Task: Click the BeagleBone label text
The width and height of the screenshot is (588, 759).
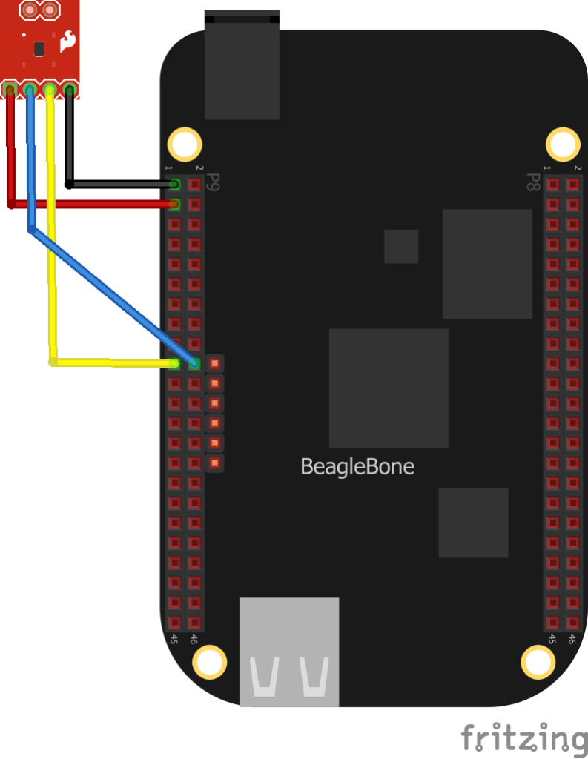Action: point(357,467)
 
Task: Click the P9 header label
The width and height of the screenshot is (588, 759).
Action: point(213,182)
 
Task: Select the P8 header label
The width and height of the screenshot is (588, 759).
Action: point(533,182)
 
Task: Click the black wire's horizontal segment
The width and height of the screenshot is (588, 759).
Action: point(122,184)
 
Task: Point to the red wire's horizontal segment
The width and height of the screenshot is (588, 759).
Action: point(92,205)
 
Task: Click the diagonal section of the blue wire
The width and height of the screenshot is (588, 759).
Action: point(113,296)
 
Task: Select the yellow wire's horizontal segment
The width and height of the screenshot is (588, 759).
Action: point(113,362)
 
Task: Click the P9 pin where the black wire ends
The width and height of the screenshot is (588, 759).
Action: point(174,185)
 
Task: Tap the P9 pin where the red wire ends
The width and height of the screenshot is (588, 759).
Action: point(174,205)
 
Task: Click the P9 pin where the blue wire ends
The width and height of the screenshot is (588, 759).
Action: point(195,363)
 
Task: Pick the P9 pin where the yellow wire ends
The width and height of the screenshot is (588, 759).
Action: point(174,363)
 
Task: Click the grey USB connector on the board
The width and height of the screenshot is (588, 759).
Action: point(289,652)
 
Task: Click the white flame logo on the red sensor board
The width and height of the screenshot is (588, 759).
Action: point(67,42)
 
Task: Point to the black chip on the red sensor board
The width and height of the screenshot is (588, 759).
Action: point(39,49)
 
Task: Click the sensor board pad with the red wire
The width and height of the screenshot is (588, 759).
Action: point(10,90)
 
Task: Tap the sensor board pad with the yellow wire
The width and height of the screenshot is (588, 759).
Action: point(50,90)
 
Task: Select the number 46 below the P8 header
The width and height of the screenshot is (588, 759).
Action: point(572,639)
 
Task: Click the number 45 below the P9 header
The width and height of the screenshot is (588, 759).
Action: point(174,639)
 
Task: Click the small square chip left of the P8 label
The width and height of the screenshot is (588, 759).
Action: point(401,246)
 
